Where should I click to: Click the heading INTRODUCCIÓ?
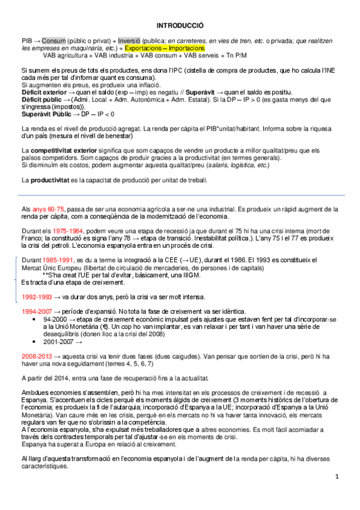(x=180, y=26)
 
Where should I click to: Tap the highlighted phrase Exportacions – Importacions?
(x=165, y=47)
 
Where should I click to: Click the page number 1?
(x=338, y=476)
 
